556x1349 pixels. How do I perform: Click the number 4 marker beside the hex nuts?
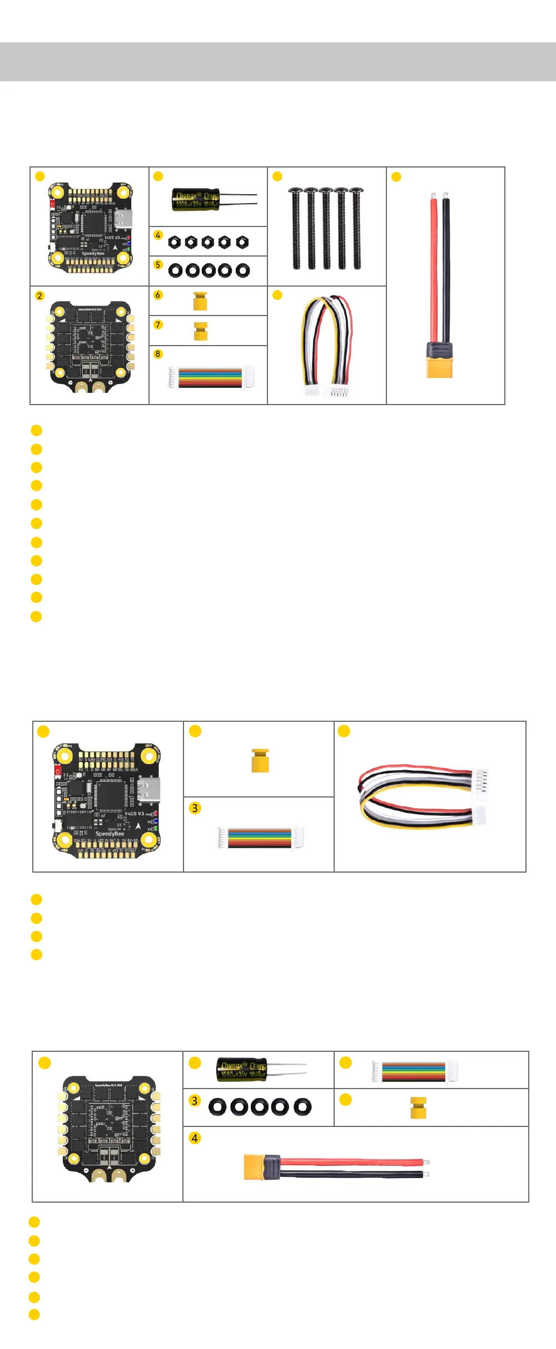(158, 235)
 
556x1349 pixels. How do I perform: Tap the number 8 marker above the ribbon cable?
(158, 354)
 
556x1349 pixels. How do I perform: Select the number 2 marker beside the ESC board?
(39, 296)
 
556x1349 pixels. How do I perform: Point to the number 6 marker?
(158, 295)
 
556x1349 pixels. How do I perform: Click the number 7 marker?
(158, 324)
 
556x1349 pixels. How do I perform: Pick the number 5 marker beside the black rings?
(158, 265)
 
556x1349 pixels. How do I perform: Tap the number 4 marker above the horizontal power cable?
(195, 1138)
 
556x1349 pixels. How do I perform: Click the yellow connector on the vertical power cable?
(439, 367)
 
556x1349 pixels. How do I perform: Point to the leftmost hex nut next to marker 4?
(175, 242)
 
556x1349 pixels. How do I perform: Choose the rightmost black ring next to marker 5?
(242, 270)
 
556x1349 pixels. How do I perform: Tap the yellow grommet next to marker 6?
(200, 301)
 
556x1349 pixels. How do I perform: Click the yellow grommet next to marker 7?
(201, 331)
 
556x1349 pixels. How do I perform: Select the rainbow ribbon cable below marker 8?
(210, 377)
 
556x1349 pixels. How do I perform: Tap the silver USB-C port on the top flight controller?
(123, 219)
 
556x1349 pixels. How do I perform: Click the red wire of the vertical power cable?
(434, 267)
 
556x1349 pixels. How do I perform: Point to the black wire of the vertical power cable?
(446, 267)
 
